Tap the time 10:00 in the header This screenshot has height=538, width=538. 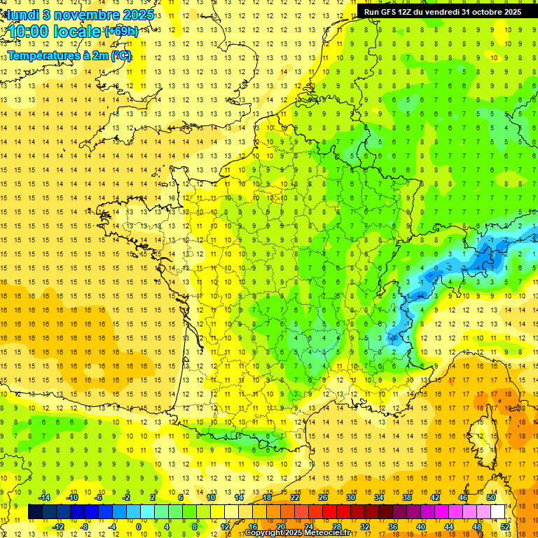32,32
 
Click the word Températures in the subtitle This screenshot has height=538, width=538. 43,55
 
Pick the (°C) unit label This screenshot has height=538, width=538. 120,55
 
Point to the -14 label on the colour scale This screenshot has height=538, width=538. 43,497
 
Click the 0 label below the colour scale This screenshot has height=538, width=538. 138,526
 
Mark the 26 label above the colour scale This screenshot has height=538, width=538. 323,497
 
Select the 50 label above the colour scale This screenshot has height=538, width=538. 491,497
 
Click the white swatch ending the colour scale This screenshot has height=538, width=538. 497,512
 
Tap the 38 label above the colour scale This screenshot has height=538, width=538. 406,497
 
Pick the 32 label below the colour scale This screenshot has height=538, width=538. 365,526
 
